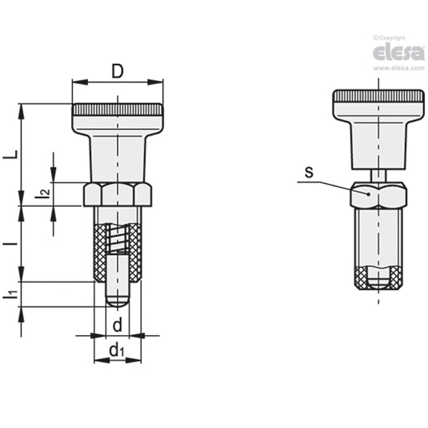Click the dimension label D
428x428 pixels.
pos(117,72)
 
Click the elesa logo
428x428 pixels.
pos(399,53)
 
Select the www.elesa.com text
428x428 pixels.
pos(399,68)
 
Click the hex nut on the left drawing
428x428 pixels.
pos(118,194)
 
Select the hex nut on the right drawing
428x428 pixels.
pos(378,194)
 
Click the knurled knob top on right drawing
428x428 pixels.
pos(378,96)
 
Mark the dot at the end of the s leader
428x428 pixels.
pos(368,194)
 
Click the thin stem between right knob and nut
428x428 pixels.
pos(378,176)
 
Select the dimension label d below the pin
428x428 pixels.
pos(117,325)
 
